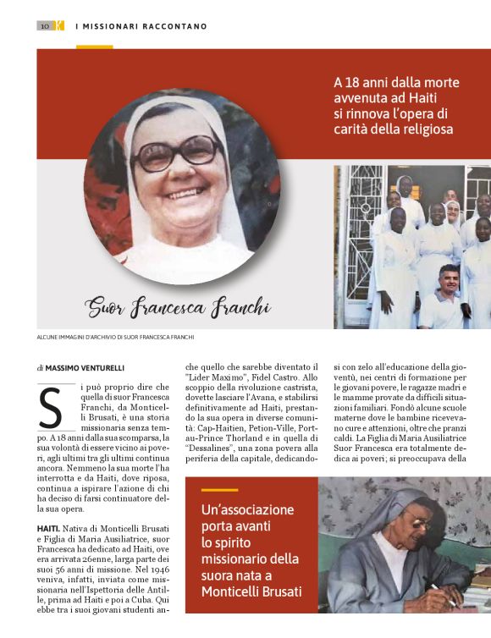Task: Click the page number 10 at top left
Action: click(x=44, y=25)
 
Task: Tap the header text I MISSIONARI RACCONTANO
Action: click(x=141, y=26)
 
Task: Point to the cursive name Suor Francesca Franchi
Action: click(x=178, y=306)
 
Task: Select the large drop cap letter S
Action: click(x=52, y=407)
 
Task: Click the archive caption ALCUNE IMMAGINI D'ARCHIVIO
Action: click(x=115, y=338)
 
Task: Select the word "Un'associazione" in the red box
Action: click(x=247, y=510)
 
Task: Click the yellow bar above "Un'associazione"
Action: click(x=219, y=490)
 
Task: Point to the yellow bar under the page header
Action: click(x=94, y=47)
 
